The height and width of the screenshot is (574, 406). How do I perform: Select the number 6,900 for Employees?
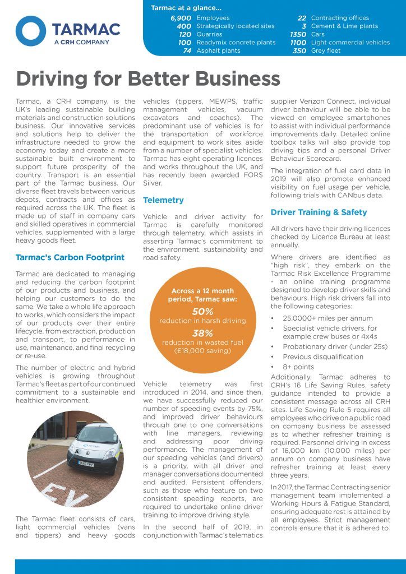[x=181, y=18]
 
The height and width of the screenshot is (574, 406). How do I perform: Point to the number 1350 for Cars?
[x=298, y=34]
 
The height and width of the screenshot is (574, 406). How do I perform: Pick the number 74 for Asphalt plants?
[x=187, y=50]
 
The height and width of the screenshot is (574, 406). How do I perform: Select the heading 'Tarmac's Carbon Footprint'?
[x=70, y=257]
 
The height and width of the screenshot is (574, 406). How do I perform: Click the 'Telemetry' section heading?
[x=163, y=200]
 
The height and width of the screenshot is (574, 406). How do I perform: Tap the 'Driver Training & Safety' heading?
[x=319, y=212]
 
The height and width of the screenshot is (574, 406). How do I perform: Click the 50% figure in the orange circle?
[x=202, y=311]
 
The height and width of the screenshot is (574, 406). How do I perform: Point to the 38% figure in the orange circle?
[x=202, y=332]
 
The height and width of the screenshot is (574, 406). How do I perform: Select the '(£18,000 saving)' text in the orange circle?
[x=202, y=351]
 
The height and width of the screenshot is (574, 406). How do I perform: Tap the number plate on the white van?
[x=86, y=464]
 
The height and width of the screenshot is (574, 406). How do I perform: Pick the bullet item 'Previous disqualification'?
[x=323, y=357]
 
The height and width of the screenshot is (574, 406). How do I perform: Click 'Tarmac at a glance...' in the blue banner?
[x=186, y=8]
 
